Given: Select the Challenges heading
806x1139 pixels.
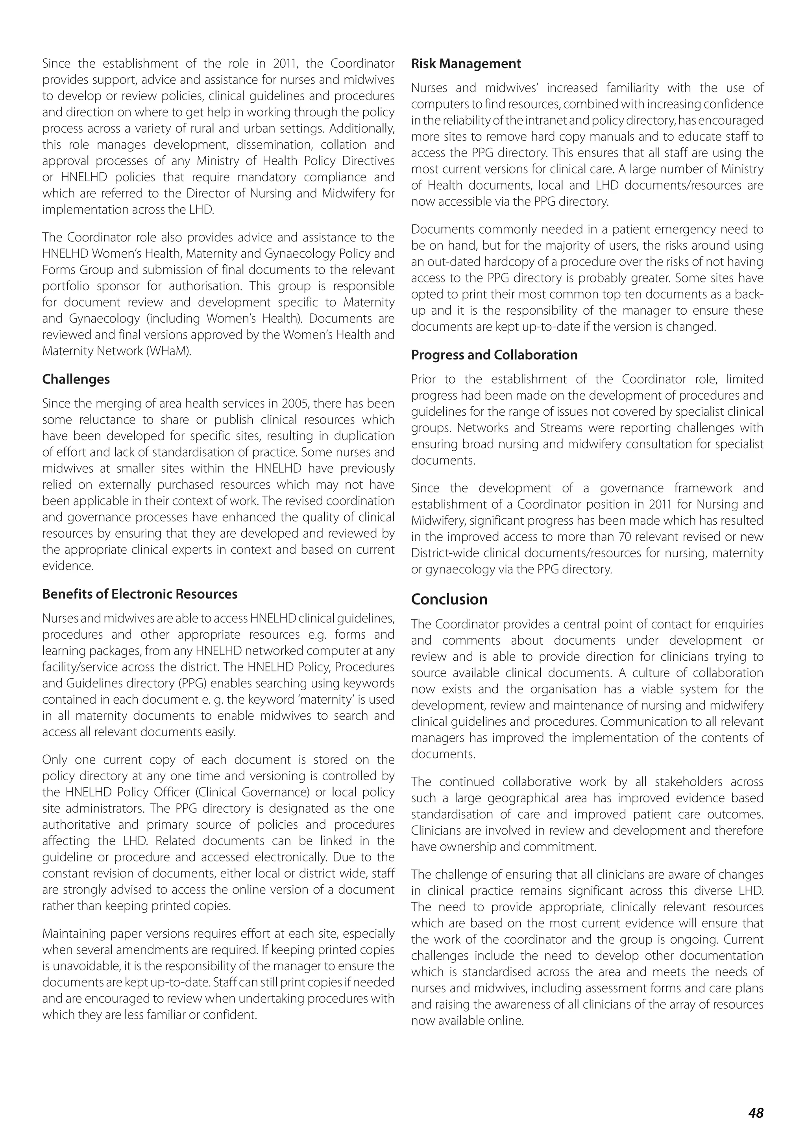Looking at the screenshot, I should click(x=76, y=379).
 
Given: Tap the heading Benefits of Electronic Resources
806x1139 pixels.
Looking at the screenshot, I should click(x=139, y=594).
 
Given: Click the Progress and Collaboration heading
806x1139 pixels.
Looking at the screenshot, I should click(x=494, y=355).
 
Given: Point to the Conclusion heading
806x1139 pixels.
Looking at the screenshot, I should click(x=449, y=599).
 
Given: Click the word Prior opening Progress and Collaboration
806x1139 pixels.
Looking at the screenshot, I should click(x=423, y=379).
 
